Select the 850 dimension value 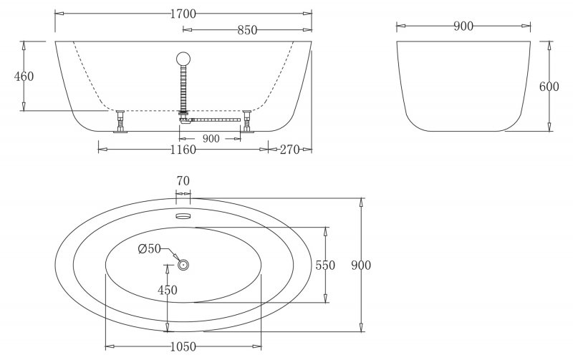(x=246, y=30)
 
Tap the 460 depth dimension (x=24, y=77)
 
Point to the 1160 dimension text (x=183, y=150)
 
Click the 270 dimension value (x=289, y=150)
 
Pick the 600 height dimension (x=549, y=87)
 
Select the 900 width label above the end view (x=463, y=26)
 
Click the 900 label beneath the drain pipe (x=211, y=138)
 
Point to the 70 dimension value (x=183, y=181)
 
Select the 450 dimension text (x=167, y=290)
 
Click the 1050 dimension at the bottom (x=183, y=346)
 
